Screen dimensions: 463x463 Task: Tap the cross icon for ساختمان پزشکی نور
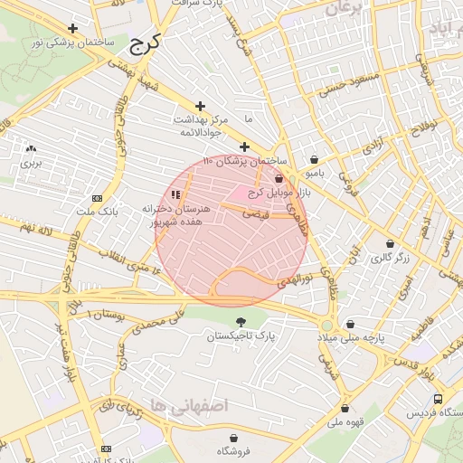[98, 28]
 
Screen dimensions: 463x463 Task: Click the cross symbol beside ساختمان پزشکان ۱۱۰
[244, 146]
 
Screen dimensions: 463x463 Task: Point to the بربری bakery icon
[33, 149]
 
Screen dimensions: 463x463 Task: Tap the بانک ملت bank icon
[98, 198]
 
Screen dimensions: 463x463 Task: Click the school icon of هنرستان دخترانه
[175, 194]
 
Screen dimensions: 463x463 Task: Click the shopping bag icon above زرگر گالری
[390, 244]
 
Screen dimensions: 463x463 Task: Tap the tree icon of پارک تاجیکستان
[240, 322]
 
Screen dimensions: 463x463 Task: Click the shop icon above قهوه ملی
[345, 408]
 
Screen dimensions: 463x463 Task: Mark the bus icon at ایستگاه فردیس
[439, 399]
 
